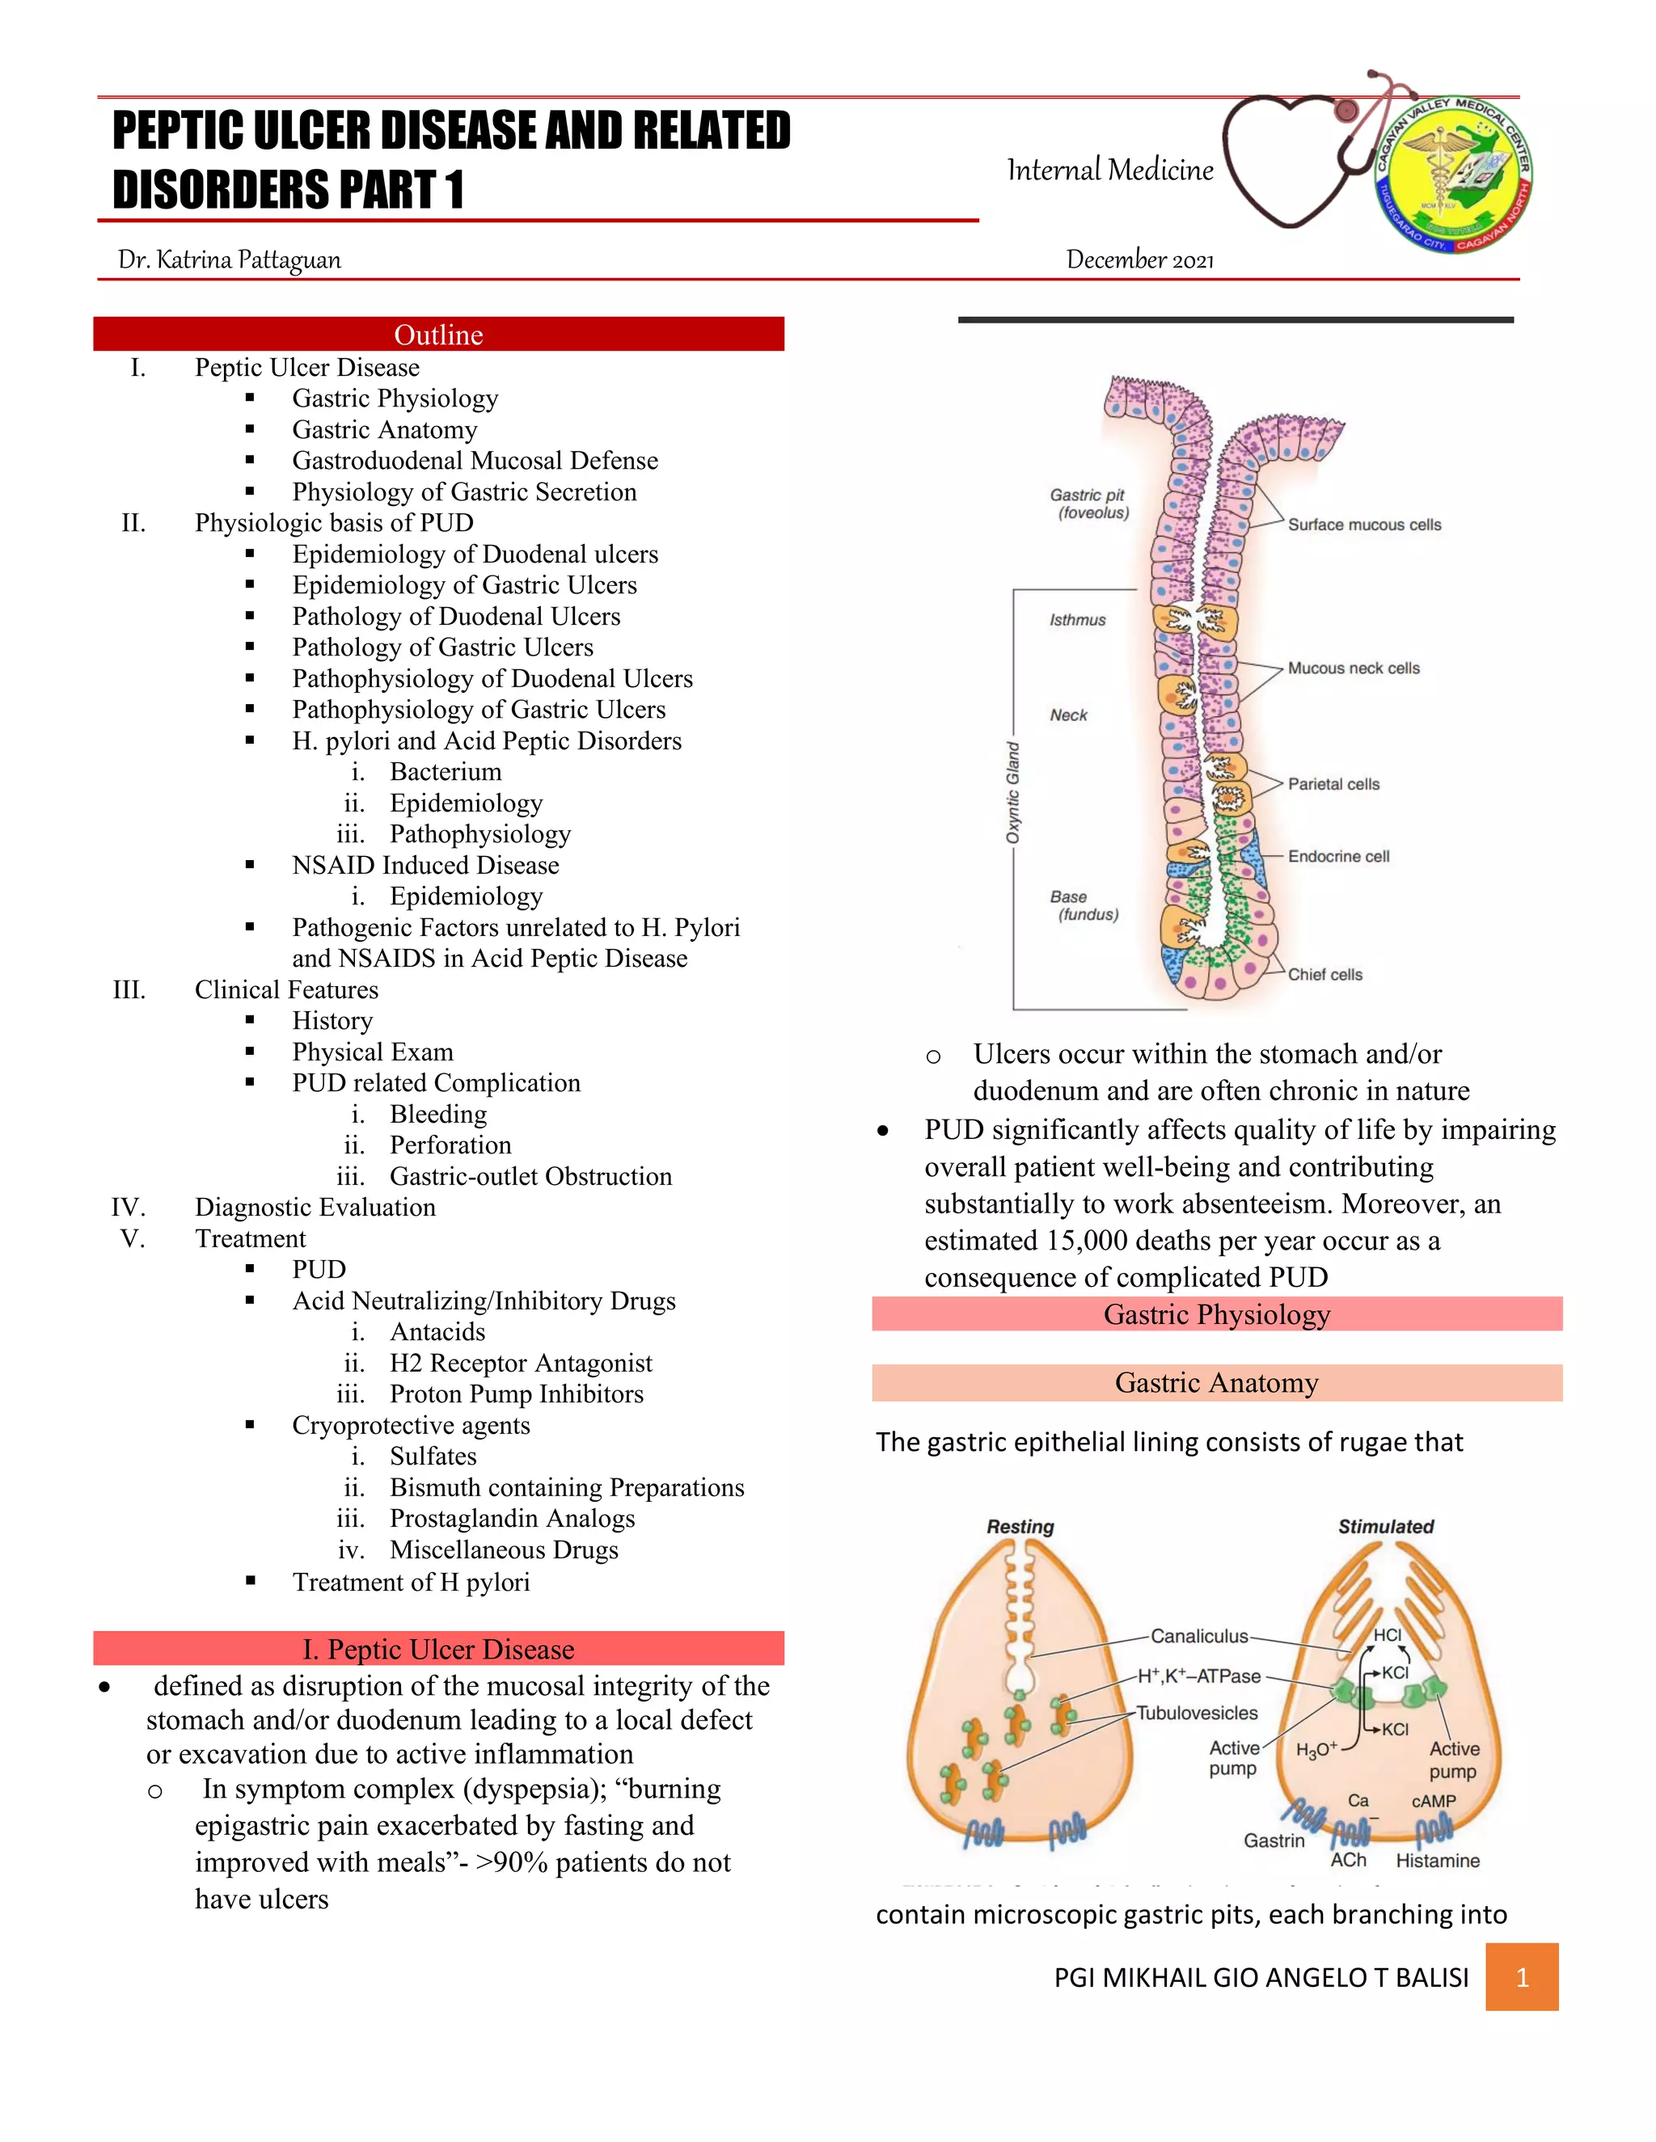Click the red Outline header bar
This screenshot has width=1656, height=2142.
pyautogui.click(x=438, y=335)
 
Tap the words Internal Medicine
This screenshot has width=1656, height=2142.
pyautogui.click(x=1109, y=171)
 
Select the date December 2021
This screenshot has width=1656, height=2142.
pyautogui.click(x=1140, y=260)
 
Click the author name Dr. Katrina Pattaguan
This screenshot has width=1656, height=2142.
pyautogui.click(x=230, y=260)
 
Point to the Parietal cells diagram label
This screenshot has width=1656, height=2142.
pyautogui.click(x=1333, y=785)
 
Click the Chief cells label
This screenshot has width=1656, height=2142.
pyautogui.click(x=1324, y=975)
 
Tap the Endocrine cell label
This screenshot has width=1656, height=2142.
pyautogui.click(x=1338, y=857)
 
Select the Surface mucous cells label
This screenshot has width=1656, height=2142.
pyautogui.click(x=1363, y=525)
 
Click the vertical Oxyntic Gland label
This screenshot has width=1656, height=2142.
pyautogui.click(x=1012, y=792)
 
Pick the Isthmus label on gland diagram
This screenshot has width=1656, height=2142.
pyautogui.click(x=1077, y=621)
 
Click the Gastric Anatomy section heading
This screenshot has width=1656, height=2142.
pyautogui.click(x=1216, y=1383)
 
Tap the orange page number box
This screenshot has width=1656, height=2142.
pyautogui.click(x=1522, y=1977)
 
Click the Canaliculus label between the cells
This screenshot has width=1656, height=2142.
pyautogui.click(x=1199, y=1637)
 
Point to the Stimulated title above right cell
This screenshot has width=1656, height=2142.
pyautogui.click(x=1385, y=1527)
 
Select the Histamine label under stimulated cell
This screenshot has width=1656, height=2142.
pyautogui.click(x=1437, y=1862)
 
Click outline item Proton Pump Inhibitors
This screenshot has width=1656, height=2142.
pyautogui.click(x=516, y=1394)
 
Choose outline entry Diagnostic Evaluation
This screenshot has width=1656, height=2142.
pyautogui.click(x=315, y=1208)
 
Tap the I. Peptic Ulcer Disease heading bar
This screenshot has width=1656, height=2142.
pyautogui.click(x=438, y=1650)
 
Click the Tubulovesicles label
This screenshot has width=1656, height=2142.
pyautogui.click(x=1197, y=1714)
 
